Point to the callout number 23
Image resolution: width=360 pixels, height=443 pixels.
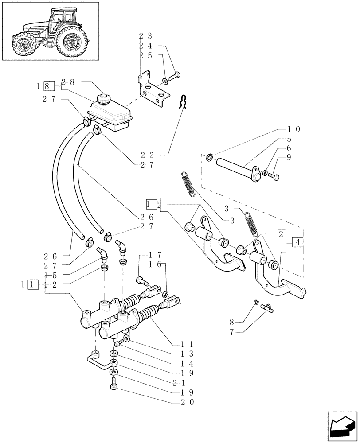point(145,36)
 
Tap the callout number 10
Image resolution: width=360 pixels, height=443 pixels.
point(293,129)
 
